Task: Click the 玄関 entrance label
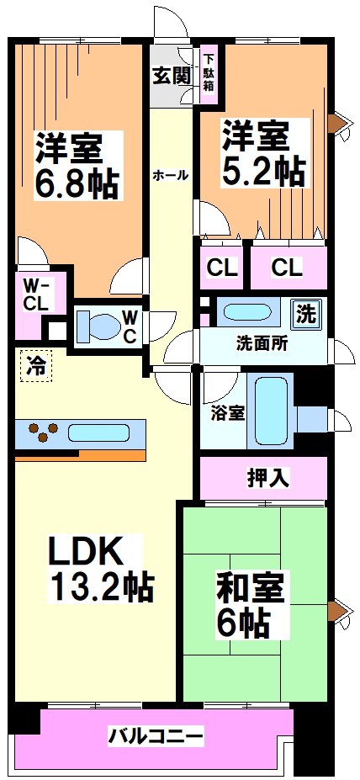point(172,74)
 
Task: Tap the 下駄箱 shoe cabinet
point(208,75)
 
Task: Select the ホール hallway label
point(170,176)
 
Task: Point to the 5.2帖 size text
point(262,172)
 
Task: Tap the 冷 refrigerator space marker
point(35,366)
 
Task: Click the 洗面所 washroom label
point(262,343)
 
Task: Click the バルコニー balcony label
point(155,737)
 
